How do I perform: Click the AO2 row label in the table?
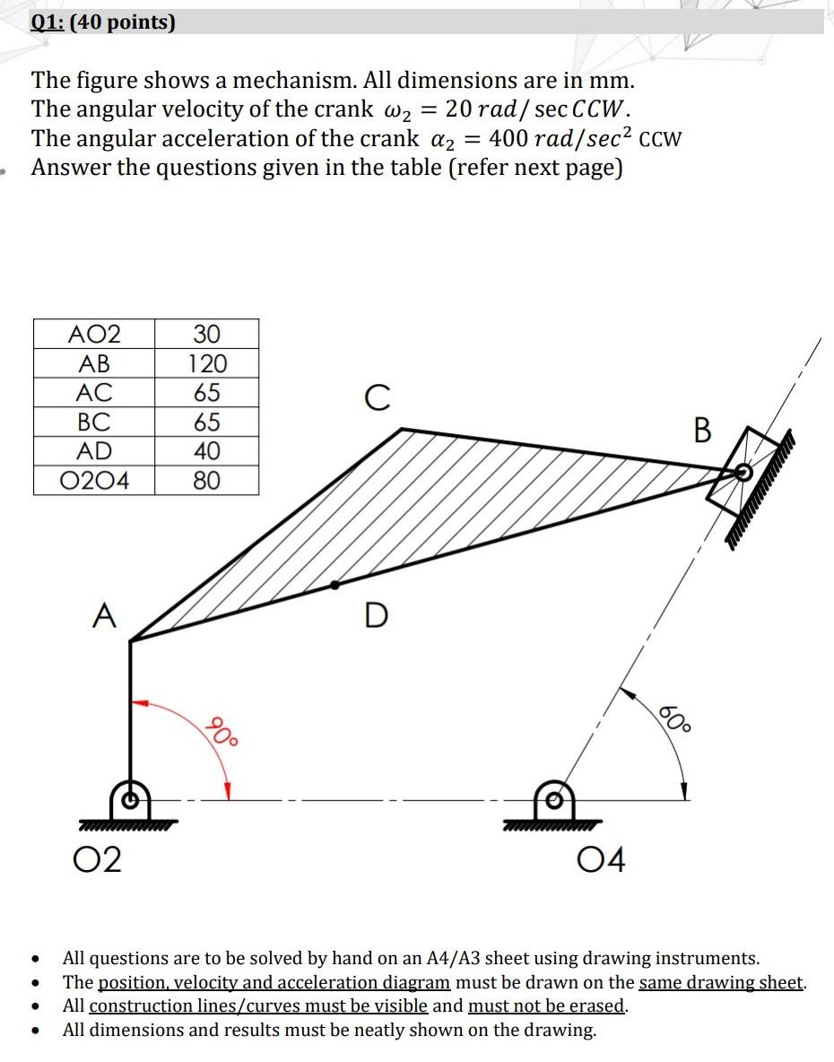pos(94,335)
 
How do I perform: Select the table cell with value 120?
pos(206,364)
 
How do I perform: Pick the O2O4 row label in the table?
pos(94,481)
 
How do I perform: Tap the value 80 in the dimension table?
pos(206,481)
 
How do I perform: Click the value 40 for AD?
pos(206,451)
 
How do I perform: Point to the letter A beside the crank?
pos(105,617)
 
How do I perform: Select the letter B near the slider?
pos(702,431)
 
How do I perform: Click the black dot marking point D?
pos(335,585)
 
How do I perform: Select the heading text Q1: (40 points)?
pos(103,22)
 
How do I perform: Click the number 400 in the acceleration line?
pos(509,139)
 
